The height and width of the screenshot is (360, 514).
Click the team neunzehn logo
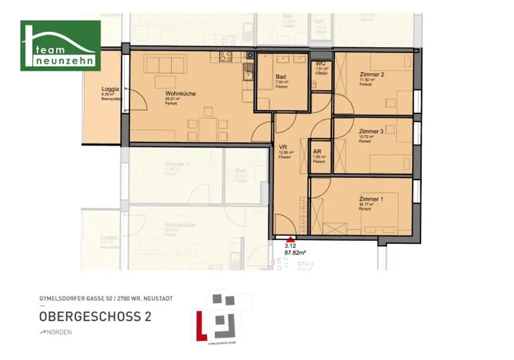pyautogui.click(x=60, y=46)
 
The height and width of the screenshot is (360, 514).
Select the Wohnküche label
pyautogui.click(x=180, y=93)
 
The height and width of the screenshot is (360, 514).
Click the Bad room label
pyautogui.click(x=281, y=77)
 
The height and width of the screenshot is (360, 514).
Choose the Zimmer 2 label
pyautogui.click(x=371, y=75)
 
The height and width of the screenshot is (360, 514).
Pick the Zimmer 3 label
pyautogui.click(x=371, y=132)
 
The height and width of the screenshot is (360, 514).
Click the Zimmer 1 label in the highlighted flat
pyautogui.click(x=371, y=199)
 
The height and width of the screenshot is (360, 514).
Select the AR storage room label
pyautogui.click(x=317, y=151)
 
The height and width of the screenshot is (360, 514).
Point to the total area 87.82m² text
pyautogui.click(x=295, y=254)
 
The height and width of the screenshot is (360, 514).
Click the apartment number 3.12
pyautogui.click(x=290, y=247)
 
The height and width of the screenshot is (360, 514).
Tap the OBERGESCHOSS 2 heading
pyautogui.click(x=95, y=317)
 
